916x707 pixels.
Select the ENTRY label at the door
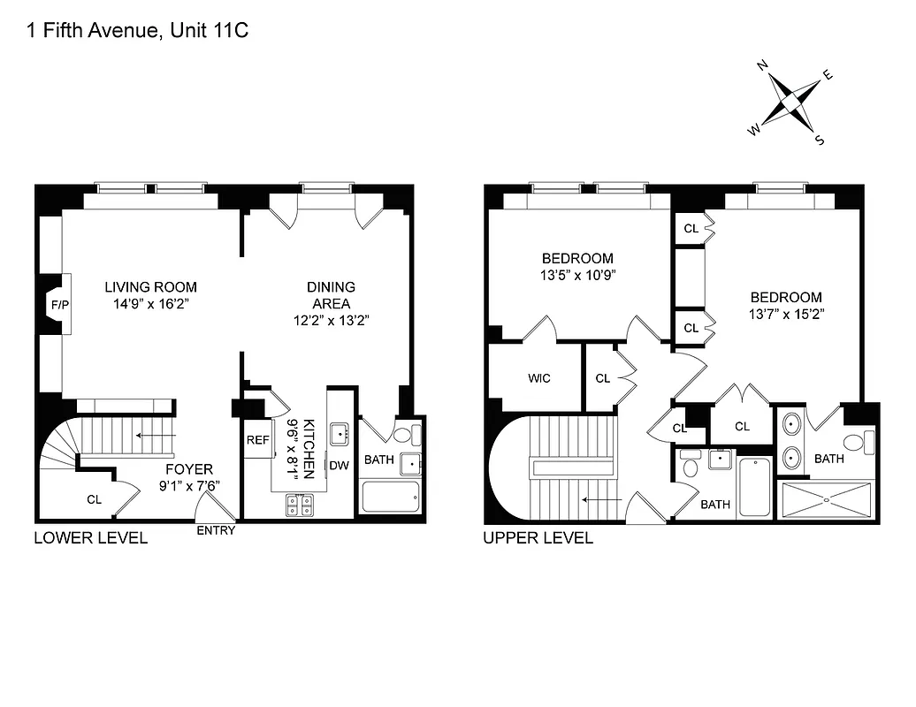pos(215,530)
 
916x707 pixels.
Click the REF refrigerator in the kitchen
pos(258,440)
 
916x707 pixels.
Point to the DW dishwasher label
pos(339,466)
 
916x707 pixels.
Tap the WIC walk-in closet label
pos(539,378)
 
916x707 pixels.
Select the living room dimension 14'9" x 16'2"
pos(150,303)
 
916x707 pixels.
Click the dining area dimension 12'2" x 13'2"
pos(331,320)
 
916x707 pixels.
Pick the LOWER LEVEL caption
pos(90,538)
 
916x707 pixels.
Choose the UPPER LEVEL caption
pos(538,538)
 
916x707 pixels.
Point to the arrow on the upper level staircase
pos(600,499)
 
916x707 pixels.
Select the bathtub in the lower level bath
pos(391,497)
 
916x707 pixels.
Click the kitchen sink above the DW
pos(338,433)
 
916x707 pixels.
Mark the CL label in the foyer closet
pos(95,499)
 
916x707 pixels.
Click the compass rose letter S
pos(820,140)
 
